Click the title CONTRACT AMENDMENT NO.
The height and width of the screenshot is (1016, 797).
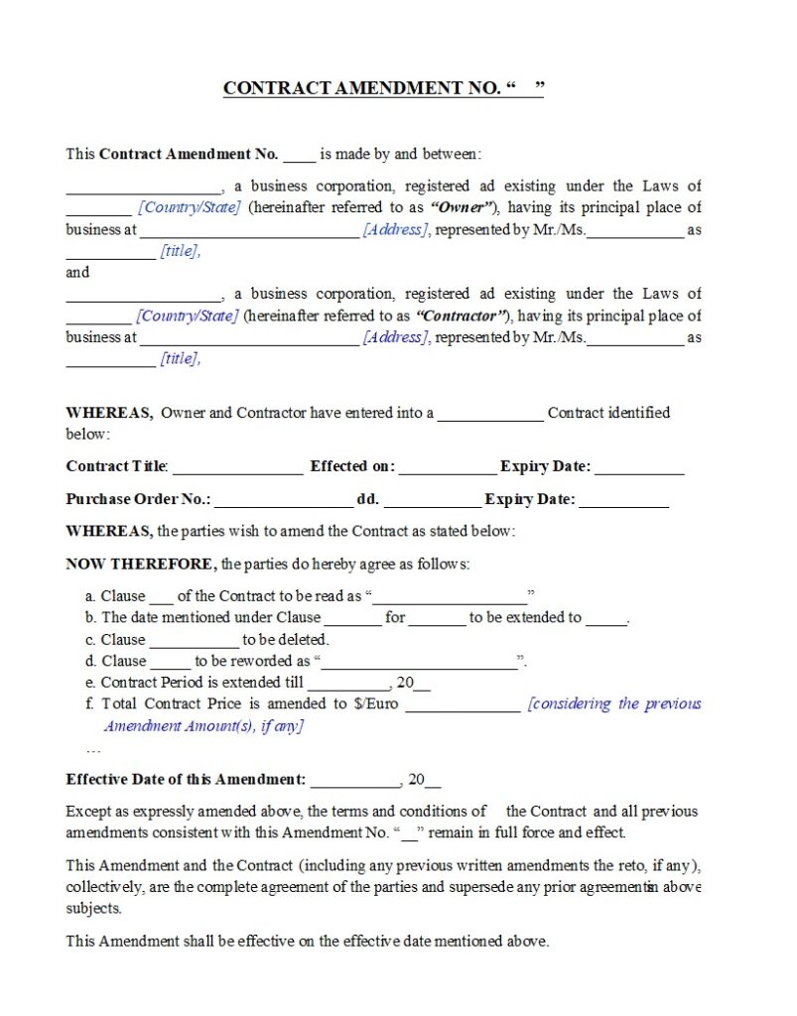pyautogui.click(x=361, y=88)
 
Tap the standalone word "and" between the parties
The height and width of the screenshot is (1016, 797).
pyautogui.click(x=77, y=272)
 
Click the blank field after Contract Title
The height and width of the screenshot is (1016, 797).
pyautogui.click(x=238, y=467)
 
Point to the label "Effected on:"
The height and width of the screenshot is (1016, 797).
pyautogui.click(x=352, y=466)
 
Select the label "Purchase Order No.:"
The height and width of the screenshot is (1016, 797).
pyautogui.click(x=138, y=499)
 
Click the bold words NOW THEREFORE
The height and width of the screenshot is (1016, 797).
pyautogui.click(x=140, y=564)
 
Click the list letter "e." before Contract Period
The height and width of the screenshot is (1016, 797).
pyautogui.click(x=91, y=682)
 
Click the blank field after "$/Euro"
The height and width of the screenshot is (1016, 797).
pyautogui.click(x=463, y=705)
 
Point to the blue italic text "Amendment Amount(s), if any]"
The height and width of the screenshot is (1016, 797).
pyautogui.click(x=203, y=725)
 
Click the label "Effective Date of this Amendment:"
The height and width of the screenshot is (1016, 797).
pyautogui.click(x=186, y=780)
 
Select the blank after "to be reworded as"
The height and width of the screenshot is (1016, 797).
pyautogui.click(x=419, y=662)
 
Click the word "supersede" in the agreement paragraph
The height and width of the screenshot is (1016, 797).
pyautogui.click(x=481, y=887)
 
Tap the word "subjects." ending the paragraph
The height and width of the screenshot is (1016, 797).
pyautogui.click(x=94, y=908)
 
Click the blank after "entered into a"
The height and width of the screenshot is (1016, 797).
pyautogui.click(x=490, y=415)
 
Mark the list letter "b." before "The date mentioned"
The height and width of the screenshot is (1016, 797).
pyautogui.click(x=91, y=617)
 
